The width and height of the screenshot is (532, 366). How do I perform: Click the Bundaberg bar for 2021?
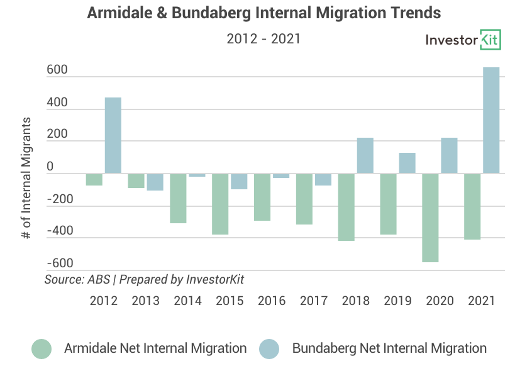[x=491, y=120]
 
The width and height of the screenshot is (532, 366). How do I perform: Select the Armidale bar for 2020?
[x=430, y=218]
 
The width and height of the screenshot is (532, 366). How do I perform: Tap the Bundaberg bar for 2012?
[x=113, y=135]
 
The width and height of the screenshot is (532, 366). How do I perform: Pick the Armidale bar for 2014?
[x=179, y=198]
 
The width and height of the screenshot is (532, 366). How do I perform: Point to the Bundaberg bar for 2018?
[x=365, y=155]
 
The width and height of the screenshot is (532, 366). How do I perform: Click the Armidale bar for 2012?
[x=94, y=179]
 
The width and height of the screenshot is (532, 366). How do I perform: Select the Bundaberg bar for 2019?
[x=407, y=163]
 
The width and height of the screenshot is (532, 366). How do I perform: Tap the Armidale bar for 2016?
[x=262, y=197]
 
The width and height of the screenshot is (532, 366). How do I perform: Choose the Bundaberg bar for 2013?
[x=155, y=182]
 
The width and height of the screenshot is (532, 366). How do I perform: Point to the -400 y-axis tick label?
[x=60, y=231]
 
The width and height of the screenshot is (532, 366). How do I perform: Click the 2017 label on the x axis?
[x=314, y=300]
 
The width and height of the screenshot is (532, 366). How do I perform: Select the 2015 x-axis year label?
[x=230, y=300]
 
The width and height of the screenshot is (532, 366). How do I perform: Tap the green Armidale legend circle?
[x=42, y=348]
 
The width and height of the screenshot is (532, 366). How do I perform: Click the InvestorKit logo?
[x=463, y=40]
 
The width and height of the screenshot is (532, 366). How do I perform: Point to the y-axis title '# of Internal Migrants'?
[x=26, y=177]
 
